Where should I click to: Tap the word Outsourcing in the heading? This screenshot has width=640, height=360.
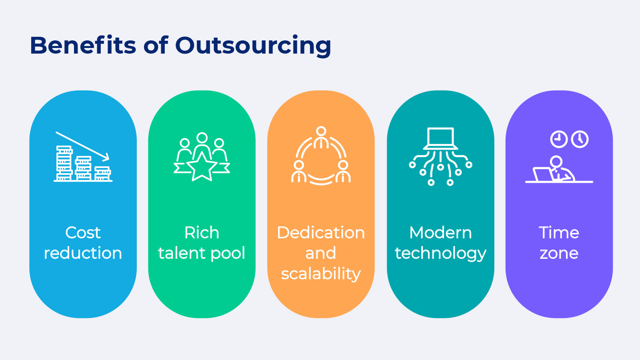point(253,46)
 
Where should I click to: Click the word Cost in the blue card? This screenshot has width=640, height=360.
point(83,233)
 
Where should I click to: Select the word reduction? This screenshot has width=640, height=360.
point(83,253)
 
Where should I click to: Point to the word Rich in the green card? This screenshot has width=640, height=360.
point(202,233)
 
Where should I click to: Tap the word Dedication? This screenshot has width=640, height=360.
point(321,233)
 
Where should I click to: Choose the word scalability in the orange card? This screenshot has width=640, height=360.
point(321,274)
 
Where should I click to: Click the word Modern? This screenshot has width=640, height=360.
point(440,233)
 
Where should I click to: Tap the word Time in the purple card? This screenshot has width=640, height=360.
point(559,233)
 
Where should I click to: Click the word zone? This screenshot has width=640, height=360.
point(559,254)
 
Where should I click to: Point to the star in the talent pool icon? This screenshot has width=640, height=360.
point(202,167)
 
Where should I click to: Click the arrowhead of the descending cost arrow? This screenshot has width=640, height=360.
point(106,156)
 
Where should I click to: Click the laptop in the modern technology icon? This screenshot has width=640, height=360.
point(440,138)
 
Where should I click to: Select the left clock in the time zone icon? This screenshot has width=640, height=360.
point(559,139)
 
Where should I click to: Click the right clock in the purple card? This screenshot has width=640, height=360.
point(580,139)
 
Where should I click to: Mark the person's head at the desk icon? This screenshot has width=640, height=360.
point(556,162)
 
